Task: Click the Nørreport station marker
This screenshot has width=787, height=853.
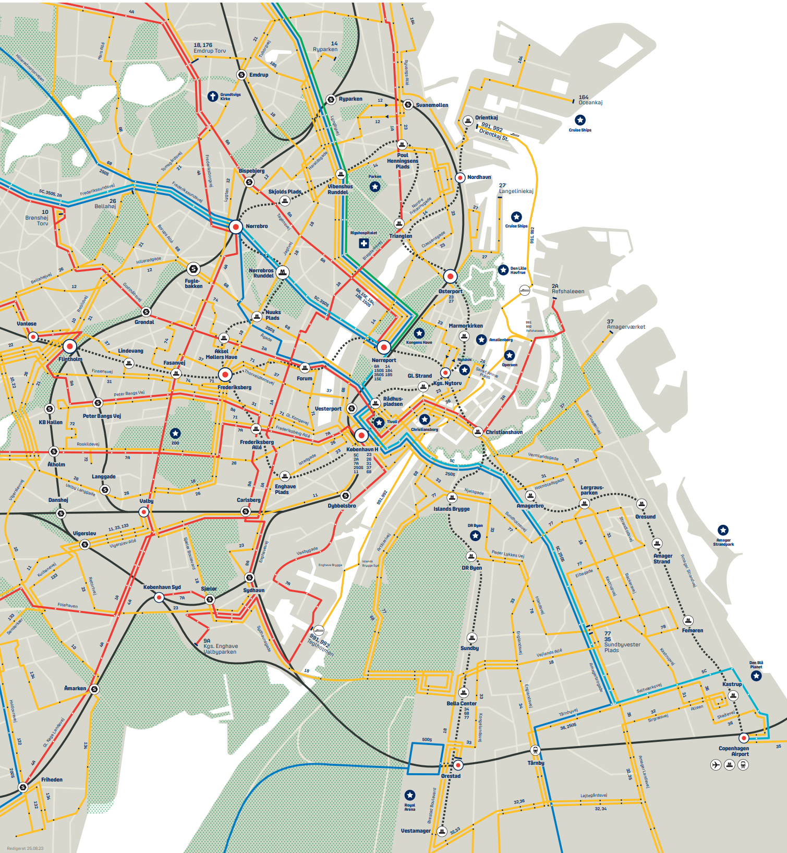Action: coord(384,347)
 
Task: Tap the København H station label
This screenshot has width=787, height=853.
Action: coord(362,449)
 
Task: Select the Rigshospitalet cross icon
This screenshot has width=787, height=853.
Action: coord(364,243)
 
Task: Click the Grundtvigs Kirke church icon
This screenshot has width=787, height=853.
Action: coord(212,96)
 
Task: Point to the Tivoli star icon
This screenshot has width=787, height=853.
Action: coord(379,422)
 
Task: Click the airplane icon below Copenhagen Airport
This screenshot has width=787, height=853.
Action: coord(716,765)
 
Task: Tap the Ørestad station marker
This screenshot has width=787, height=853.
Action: coord(458,765)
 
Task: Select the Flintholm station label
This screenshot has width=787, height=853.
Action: coord(70,359)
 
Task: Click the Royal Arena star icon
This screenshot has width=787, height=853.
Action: coord(410,795)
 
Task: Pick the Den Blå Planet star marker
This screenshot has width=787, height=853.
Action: coord(756,676)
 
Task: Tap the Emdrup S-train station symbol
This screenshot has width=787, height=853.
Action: coord(241,75)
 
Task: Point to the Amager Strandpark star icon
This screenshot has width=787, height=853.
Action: coord(723,530)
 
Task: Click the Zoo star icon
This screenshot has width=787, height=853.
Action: coord(175,433)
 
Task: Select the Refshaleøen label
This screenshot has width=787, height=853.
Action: coord(568,291)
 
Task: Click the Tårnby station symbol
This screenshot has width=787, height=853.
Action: coord(535,750)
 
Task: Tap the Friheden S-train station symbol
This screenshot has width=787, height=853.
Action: coord(23,787)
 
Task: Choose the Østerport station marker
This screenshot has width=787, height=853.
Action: coord(450,277)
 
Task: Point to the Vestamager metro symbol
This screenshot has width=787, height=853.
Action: coord(442,831)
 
